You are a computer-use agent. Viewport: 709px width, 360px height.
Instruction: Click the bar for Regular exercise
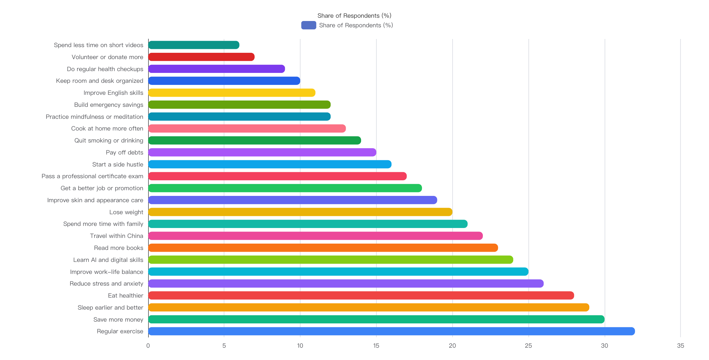click(x=391, y=331)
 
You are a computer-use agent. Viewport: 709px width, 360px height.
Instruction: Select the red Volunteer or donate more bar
click(x=201, y=57)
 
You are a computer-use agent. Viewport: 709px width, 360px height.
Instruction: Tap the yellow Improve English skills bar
click(x=232, y=93)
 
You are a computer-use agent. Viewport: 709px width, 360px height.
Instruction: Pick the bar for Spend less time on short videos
click(x=194, y=45)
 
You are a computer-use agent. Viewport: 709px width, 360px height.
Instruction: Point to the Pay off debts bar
click(x=262, y=152)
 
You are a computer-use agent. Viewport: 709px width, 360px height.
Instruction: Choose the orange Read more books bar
click(x=323, y=248)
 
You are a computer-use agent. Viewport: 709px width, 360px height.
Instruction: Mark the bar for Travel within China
click(x=316, y=236)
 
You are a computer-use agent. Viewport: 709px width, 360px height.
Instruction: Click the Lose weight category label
click(x=126, y=212)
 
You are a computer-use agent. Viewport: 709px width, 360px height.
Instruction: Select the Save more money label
click(x=118, y=319)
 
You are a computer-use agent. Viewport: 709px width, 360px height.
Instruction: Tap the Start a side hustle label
click(x=118, y=164)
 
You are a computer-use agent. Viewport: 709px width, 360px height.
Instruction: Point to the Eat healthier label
click(x=125, y=295)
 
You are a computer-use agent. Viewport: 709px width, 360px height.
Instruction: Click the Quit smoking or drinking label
click(x=109, y=140)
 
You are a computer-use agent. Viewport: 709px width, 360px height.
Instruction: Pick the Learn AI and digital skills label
click(x=108, y=260)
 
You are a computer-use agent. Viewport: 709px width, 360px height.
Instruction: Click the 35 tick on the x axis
click(x=681, y=346)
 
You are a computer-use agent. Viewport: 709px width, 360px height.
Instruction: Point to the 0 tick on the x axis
click(x=148, y=346)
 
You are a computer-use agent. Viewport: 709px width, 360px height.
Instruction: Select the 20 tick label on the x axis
click(x=452, y=346)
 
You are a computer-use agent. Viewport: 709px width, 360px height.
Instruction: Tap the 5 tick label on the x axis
click(x=224, y=346)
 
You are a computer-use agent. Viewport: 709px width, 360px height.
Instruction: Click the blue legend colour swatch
click(x=309, y=25)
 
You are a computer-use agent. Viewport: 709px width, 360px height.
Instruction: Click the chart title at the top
click(x=354, y=16)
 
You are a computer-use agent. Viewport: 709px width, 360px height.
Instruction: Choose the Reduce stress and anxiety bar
click(x=346, y=283)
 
